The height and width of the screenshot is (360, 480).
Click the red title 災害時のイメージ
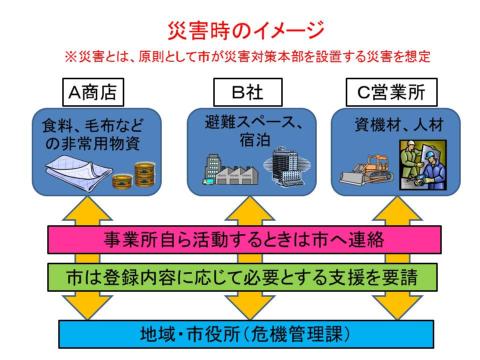(240, 23)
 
